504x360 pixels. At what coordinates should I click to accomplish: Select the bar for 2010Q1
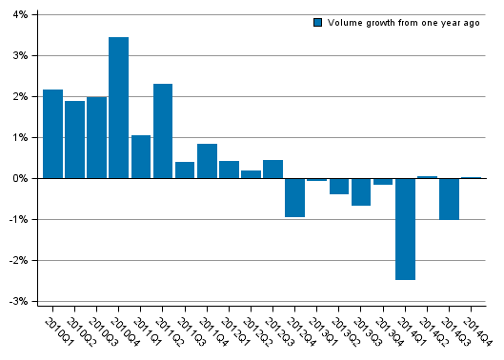coord(52,133)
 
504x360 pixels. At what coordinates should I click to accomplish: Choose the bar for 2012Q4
coord(295,197)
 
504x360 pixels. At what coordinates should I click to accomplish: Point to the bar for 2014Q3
coord(449,199)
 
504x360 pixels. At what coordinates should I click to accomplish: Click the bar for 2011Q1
coord(141,156)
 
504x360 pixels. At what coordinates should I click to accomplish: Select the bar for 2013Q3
coord(361,191)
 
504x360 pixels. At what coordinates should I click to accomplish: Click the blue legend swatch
coord(318,22)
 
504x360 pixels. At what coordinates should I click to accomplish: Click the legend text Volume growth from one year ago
coord(403,22)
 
